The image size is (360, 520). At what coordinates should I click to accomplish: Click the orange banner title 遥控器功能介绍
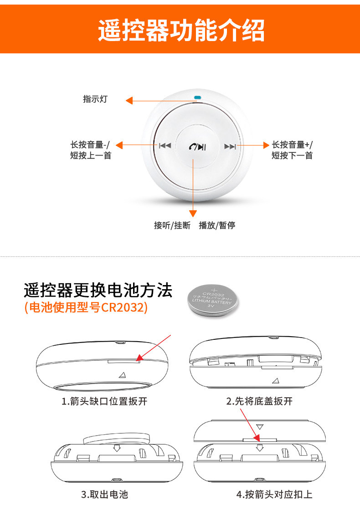[x=181, y=30]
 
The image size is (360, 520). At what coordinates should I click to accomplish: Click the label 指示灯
[x=95, y=99]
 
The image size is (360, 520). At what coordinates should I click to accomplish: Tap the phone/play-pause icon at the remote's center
[x=198, y=146]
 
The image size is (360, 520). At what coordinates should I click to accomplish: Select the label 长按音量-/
[x=90, y=145]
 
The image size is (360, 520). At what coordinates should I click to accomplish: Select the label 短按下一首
[x=292, y=156]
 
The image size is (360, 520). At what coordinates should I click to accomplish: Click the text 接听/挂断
[x=172, y=225]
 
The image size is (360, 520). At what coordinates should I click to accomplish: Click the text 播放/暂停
[x=217, y=225]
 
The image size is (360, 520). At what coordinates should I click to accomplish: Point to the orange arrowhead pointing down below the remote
[x=193, y=213]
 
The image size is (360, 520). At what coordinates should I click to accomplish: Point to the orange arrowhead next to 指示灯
[x=130, y=101]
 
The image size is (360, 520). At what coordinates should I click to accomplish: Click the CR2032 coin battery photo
[x=213, y=300]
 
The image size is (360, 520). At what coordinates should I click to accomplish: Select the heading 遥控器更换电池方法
[x=98, y=290]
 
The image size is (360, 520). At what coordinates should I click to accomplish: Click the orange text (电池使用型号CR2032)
[x=86, y=307]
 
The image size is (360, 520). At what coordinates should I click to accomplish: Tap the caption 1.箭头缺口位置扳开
[x=104, y=401]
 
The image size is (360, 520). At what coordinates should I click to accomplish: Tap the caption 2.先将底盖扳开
[x=259, y=401]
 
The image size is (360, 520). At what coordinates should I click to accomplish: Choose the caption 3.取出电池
[x=104, y=494]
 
